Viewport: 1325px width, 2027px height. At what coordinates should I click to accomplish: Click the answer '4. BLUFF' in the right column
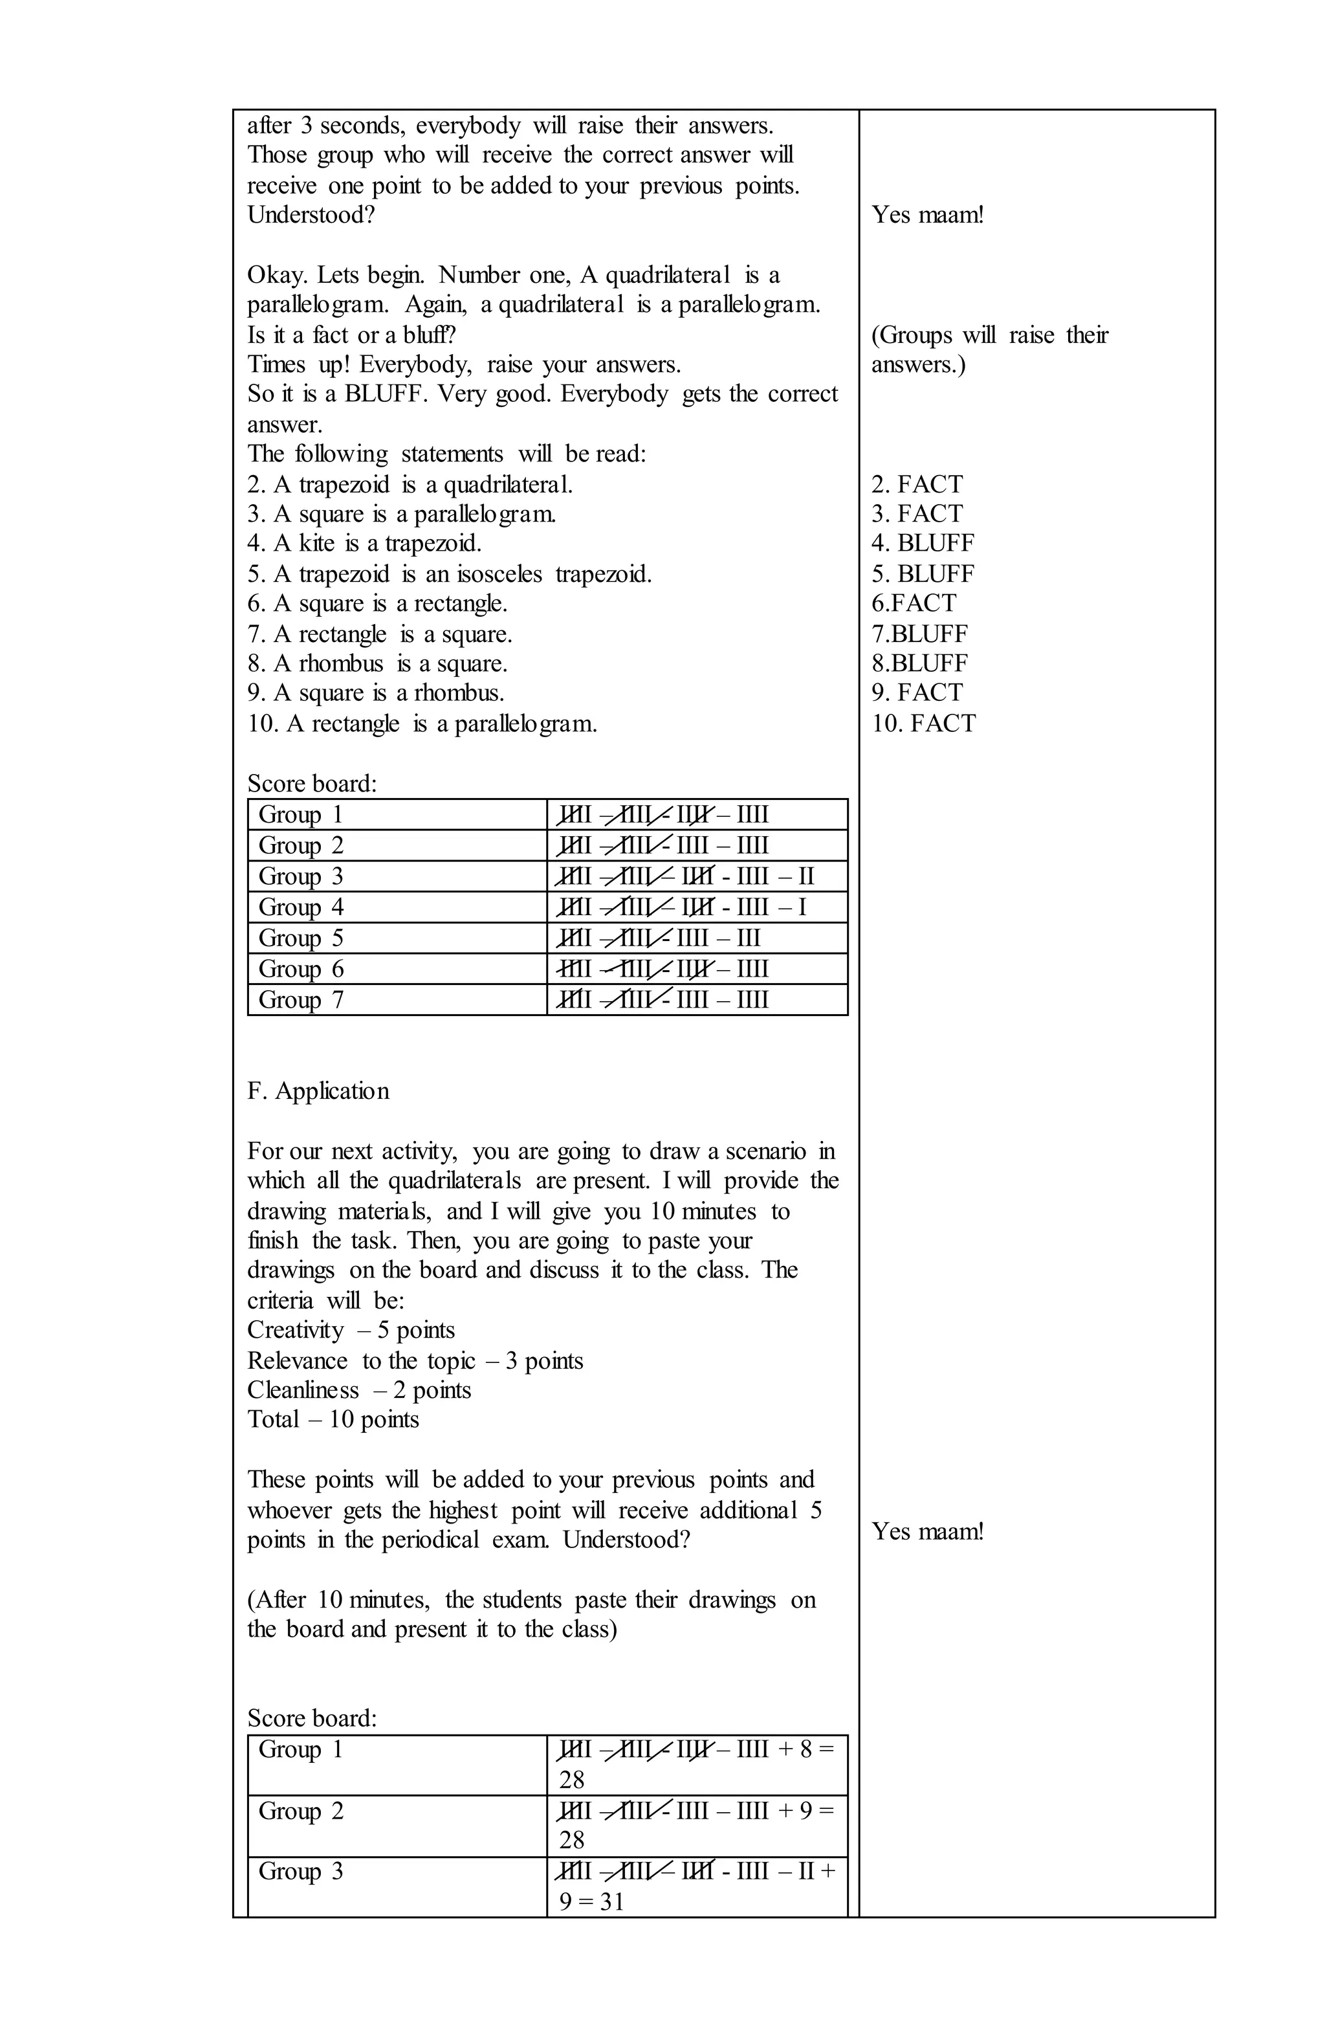pyautogui.click(x=922, y=544)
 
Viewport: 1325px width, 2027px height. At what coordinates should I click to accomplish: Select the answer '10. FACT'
pyautogui.click(x=923, y=724)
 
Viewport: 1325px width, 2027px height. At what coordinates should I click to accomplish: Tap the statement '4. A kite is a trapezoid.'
pyautogui.click(x=364, y=544)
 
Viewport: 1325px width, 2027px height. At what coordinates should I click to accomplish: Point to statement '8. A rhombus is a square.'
pyautogui.click(x=377, y=663)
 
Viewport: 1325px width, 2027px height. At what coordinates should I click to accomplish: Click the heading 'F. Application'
pyautogui.click(x=318, y=1091)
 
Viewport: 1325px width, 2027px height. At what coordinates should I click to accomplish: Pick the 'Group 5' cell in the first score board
pyautogui.click(x=301, y=938)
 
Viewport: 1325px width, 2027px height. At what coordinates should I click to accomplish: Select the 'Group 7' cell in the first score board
pyautogui.click(x=301, y=1000)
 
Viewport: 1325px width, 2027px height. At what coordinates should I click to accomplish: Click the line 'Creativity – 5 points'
pyautogui.click(x=351, y=1331)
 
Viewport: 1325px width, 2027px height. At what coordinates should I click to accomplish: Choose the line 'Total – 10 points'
pyautogui.click(x=333, y=1420)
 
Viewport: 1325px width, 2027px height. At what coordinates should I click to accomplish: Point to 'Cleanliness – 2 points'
pyautogui.click(x=358, y=1390)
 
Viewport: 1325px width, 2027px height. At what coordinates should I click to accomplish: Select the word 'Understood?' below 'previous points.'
pyautogui.click(x=311, y=215)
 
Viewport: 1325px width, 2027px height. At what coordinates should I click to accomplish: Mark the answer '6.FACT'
pyautogui.click(x=914, y=603)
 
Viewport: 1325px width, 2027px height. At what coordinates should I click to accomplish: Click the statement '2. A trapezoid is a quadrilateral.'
pyautogui.click(x=410, y=485)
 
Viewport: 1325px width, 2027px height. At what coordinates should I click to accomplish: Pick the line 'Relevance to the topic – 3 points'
pyautogui.click(x=415, y=1360)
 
